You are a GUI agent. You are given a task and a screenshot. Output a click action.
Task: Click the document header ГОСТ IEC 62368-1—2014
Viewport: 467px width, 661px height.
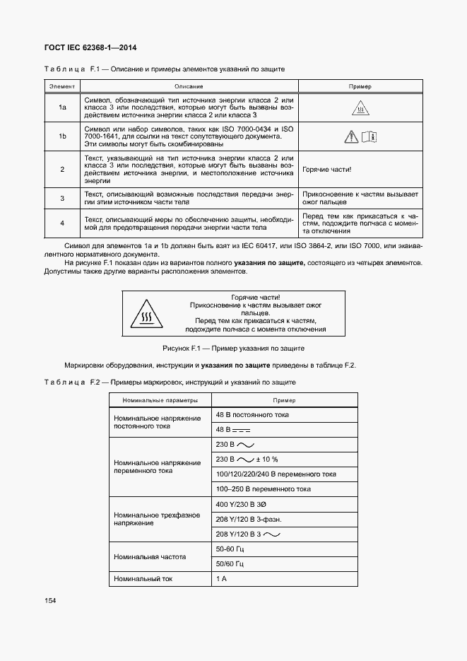pyautogui.click(x=91, y=48)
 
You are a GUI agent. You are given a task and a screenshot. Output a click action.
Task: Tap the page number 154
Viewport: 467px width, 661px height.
pyautogui.click(x=50, y=600)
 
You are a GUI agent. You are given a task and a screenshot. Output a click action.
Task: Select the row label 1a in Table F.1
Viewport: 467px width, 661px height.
pyautogui.click(x=62, y=107)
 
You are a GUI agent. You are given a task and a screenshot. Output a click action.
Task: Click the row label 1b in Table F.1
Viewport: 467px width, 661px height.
pyautogui.click(x=62, y=136)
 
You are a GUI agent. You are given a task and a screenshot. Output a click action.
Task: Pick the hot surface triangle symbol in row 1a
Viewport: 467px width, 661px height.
pyautogui.click(x=360, y=109)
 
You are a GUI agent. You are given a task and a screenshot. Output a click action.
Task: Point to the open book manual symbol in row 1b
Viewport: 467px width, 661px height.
pyautogui.click(x=370, y=137)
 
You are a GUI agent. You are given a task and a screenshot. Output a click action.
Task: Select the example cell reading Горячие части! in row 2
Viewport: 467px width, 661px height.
pyautogui.click(x=326, y=170)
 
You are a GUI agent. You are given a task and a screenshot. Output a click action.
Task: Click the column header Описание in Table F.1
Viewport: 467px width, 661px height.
pyautogui.click(x=189, y=86)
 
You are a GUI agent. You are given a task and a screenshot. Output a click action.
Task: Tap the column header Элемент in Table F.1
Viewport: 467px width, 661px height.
pyautogui.click(x=62, y=86)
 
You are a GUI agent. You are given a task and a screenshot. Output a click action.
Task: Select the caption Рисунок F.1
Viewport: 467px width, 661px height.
pyautogui.click(x=233, y=349)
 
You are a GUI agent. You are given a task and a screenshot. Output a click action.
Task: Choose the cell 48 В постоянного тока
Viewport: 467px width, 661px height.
pyautogui.click(x=252, y=415)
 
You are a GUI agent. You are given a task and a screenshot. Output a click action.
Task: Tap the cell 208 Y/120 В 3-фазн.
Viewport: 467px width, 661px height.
pyautogui.click(x=249, y=520)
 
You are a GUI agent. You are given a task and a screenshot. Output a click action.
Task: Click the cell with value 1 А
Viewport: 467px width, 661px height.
pyautogui.click(x=221, y=578)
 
